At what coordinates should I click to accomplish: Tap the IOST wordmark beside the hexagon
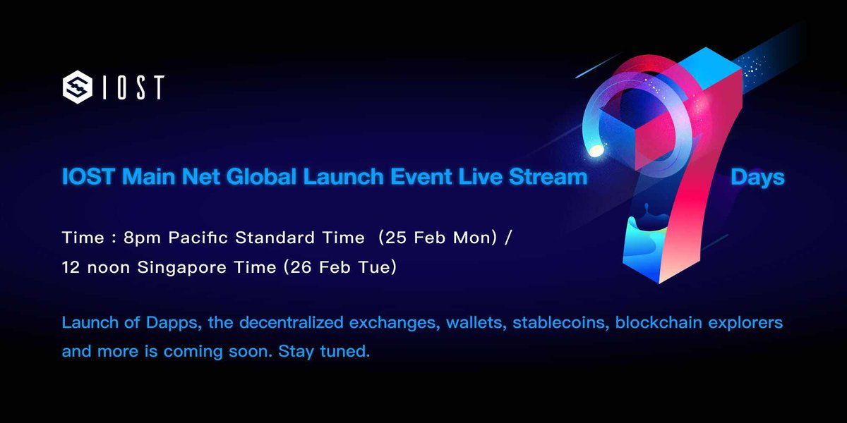pyautogui.click(x=133, y=87)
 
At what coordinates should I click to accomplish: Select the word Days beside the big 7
pyautogui.click(x=757, y=177)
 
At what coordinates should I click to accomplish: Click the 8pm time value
pyautogui.click(x=134, y=238)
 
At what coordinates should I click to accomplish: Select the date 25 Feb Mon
pyautogui.click(x=434, y=238)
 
